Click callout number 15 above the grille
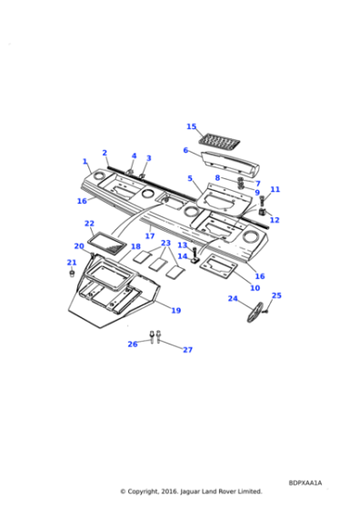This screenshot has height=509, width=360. click(191, 126)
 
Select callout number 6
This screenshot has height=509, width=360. click(185, 151)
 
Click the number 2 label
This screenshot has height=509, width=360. click(105, 153)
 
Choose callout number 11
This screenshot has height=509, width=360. click(275, 189)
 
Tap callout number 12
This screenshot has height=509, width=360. click(275, 220)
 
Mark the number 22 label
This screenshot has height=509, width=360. click(89, 223)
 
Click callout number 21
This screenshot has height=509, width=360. click(71, 263)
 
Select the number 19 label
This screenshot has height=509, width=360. click(175, 310)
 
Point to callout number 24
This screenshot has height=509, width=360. click(232, 298)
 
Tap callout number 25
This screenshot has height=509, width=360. click(276, 294)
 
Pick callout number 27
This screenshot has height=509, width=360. click(188, 349)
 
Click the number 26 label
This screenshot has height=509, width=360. click(133, 344)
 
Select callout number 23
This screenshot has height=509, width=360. click(165, 243)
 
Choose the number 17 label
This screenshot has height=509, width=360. click(149, 235)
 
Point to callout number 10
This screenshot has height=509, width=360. click(255, 287)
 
